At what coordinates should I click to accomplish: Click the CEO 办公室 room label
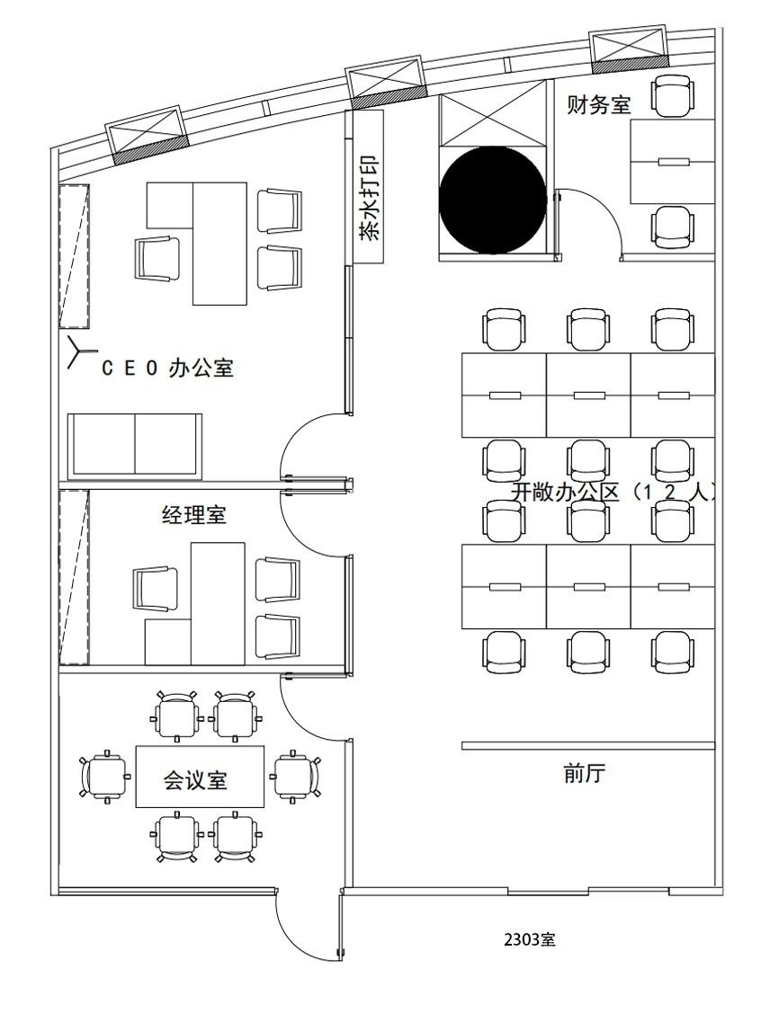tap(167, 368)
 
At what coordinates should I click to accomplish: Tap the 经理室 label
tap(193, 515)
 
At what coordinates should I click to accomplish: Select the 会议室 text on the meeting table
tap(195, 779)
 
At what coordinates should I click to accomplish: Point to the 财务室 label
tap(598, 103)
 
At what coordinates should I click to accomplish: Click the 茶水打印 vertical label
tap(369, 197)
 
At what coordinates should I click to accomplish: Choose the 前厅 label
tap(585, 773)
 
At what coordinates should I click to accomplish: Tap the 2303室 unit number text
tap(530, 939)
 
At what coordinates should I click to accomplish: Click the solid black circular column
tap(493, 200)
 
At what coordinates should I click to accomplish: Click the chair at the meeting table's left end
tap(104, 777)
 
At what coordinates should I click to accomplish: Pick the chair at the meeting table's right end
tap(296, 777)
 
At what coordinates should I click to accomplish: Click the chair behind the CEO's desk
tap(157, 259)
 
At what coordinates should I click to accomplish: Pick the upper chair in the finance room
tap(673, 96)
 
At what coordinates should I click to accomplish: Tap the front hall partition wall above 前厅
tap(588, 746)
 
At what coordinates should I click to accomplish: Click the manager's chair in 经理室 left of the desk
tap(156, 589)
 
